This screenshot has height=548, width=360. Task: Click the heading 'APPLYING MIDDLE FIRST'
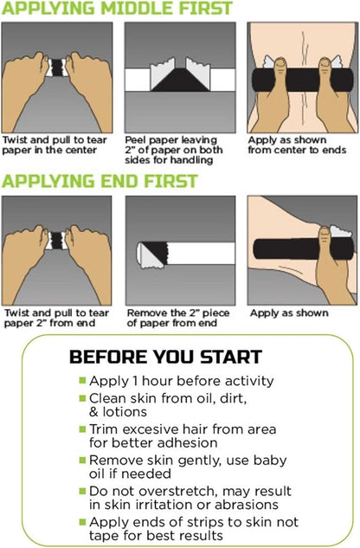click(117, 8)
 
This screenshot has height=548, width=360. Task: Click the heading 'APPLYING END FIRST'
click(100, 181)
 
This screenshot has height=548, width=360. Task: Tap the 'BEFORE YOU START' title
click(165, 357)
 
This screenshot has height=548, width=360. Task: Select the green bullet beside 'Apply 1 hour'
click(82, 380)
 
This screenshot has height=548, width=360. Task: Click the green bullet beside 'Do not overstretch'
click(82, 491)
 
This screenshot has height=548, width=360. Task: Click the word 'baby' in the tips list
click(270, 461)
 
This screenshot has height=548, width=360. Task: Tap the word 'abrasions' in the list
click(247, 505)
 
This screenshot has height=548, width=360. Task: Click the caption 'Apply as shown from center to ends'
click(297, 145)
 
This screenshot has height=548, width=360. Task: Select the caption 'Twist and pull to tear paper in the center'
click(55, 145)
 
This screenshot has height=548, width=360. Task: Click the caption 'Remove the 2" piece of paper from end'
click(178, 318)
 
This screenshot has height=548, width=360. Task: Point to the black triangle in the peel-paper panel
click(180, 80)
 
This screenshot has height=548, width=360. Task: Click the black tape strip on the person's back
click(303, 80)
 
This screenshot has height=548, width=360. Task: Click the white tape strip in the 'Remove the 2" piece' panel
click(201, 253)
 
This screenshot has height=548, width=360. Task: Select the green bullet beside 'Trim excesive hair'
click(82, 429)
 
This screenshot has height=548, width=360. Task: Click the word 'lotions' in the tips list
click(125, 412)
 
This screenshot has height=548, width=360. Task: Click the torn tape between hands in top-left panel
click(57, 68)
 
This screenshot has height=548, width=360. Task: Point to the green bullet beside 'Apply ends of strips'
click(82, 522)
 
